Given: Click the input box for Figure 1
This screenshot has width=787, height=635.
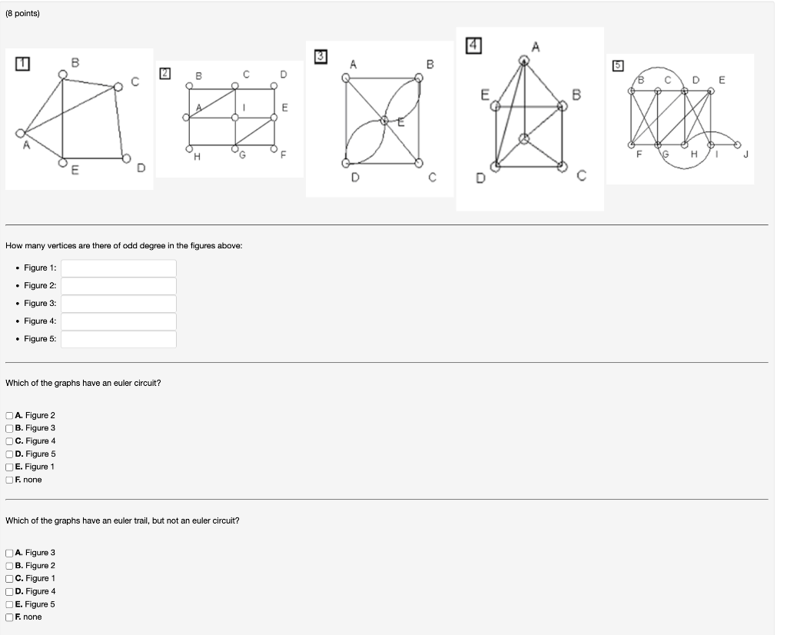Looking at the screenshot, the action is pyautogui.click(x=118, y=268).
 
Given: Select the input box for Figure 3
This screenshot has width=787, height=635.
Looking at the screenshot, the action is pyautogui.click(x=118, y=304).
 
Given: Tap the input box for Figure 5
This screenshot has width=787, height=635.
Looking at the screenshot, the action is pyautogui.click(x=118, y=339).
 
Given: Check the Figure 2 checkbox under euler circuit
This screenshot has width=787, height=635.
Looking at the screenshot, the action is pyautogui.click(x=9, y=416).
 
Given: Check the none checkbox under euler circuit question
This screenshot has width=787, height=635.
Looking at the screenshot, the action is pyautogui.click(x=9, y=480).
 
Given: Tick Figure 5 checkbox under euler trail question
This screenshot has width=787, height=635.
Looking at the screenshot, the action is pyautogui.click(x=9, y=604).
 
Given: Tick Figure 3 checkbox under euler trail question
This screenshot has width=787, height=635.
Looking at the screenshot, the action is pyautogui.click(x=9, y=554).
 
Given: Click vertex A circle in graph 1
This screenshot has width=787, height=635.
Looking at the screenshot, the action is pyautogui.click(x=21, y=133).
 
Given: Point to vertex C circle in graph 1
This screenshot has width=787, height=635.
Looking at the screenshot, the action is pyautogui.click(x=118, y=87).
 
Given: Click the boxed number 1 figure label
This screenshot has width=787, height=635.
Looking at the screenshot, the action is pyautogui.click(x=22, y=64).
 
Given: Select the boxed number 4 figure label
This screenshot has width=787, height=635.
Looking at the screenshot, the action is pyautogui.click(x=473, y=45).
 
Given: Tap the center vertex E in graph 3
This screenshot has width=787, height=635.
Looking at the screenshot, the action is pyautogui.click(x=384, y=121).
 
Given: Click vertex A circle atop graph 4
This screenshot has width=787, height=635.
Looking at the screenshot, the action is pyautogui.click(x=524, y=62).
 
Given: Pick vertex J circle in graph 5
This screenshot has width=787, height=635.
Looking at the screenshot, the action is pyautogui.click(x=737, y=145).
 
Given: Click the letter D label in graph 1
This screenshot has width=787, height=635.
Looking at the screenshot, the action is pyautogui.click(x=141, y=168).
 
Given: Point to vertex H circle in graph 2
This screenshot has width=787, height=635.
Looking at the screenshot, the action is pyautogui.click(x=189, y=148).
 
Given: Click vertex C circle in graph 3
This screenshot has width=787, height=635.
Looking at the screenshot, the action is pyautogui.click(x=419, y=163).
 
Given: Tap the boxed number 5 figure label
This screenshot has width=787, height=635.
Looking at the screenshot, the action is pyautogui.click(x=618, y=66).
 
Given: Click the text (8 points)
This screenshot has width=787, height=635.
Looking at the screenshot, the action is pyautogui.click(x=22, y=14).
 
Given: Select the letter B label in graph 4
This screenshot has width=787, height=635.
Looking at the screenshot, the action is pyautogui.click(x=576, y=95).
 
